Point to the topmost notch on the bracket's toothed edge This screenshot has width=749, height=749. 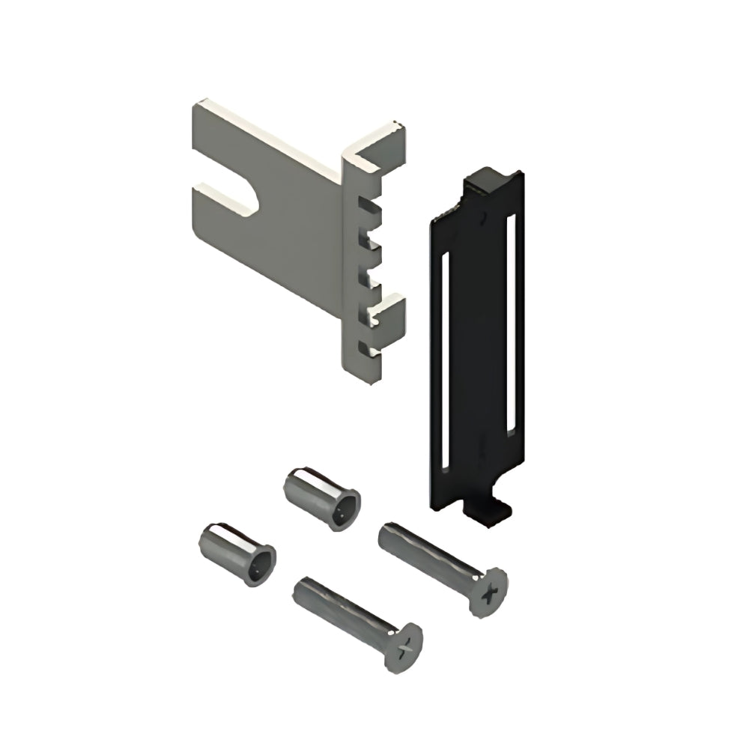point(364,204)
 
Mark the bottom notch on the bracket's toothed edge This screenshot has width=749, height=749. point(363,348)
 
